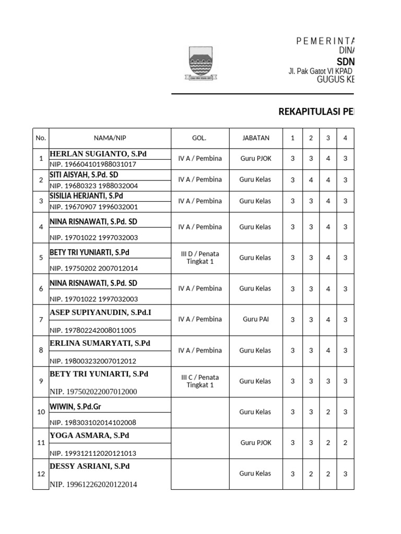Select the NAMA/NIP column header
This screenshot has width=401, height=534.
tap(110, 138)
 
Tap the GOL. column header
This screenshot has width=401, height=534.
tap(199, 138)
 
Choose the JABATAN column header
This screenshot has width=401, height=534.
tap(255, 138)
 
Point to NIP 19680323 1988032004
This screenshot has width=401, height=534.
tap(94, 186)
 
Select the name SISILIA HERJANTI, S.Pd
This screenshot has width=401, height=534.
tap(86, 196)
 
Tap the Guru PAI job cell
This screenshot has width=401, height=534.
tap(255, 319)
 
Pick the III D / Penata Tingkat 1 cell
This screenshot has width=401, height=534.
tap(200, 258)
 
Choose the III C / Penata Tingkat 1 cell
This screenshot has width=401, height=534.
tap(200, 381)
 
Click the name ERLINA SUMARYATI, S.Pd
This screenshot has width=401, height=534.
tap(100, 343)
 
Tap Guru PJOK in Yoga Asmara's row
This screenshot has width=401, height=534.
tap(255, 443)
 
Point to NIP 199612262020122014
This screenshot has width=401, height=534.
tap(93, 484)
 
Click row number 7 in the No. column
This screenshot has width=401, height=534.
tap(41, 319)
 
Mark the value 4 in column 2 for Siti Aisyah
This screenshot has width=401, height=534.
tap(311, 180)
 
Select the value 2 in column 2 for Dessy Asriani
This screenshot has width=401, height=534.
tap(311, 474)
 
